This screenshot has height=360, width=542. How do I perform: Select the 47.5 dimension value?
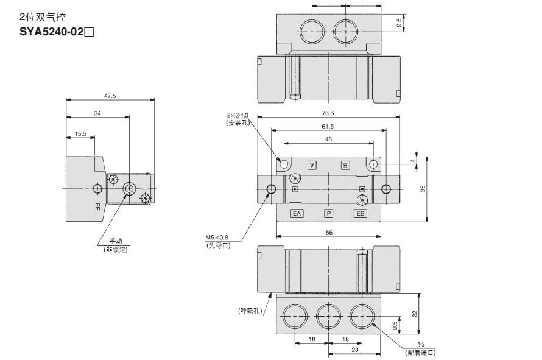pos(110,96)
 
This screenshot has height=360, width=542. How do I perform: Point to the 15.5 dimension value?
pos(81,133)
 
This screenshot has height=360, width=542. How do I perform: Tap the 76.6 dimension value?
pos(328,113)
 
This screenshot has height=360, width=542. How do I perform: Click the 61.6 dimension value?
pos(328,126)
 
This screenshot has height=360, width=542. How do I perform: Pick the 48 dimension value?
pos(328,139)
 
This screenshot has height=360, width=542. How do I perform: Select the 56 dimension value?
pos(329,232)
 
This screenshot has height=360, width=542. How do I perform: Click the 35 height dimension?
pos(423,189)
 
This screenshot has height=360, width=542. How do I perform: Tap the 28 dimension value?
pos(355,350)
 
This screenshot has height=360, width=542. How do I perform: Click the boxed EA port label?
pos(297,213)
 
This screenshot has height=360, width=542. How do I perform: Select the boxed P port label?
pos(328,213)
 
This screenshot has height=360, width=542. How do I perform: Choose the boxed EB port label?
pos(361,213)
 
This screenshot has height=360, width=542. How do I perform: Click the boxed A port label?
pos(312,164)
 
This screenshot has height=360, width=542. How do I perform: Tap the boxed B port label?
pos(345,164)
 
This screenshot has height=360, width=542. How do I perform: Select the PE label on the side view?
pos(97,206)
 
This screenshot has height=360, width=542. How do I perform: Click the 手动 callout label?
pos(116,241)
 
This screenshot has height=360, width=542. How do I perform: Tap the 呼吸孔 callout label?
pos(249,311)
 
